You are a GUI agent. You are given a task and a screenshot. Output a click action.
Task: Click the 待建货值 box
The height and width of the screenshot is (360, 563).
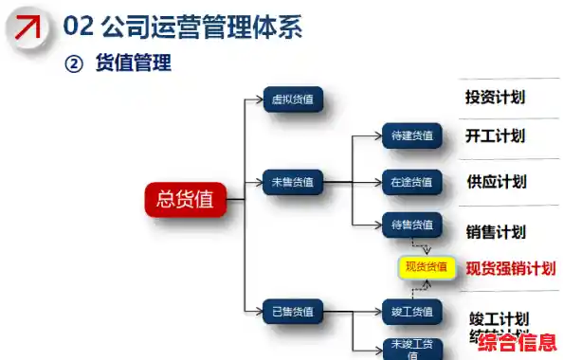coord(412,135)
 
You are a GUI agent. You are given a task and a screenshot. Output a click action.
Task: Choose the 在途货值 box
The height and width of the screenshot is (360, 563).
coord(412,181)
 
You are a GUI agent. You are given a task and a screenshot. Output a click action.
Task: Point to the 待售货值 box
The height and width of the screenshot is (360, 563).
coord(412,225)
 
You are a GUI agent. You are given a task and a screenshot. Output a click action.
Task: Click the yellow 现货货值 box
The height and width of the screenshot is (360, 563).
coord(427,267)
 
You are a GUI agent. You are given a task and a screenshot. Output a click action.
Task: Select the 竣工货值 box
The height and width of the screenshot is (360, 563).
coord(412,311)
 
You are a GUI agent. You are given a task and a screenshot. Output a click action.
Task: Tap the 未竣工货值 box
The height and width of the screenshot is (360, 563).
coord(412,347)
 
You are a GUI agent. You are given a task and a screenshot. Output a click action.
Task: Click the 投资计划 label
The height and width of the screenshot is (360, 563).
coord(496,97)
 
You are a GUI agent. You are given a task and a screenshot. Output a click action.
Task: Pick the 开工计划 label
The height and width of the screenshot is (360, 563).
coord(496,135)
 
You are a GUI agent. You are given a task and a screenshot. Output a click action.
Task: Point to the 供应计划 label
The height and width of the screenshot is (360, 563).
coord(496,181)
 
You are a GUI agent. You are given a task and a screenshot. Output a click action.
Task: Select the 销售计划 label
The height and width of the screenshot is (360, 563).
coord(496,231)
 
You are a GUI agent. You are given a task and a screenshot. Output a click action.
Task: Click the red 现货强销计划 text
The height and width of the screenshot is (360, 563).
coord(509,268)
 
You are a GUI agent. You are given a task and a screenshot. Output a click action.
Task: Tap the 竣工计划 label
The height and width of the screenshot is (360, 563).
coord(499,318)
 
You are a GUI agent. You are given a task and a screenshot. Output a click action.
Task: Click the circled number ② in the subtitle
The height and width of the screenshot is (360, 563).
coord(75,63)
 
